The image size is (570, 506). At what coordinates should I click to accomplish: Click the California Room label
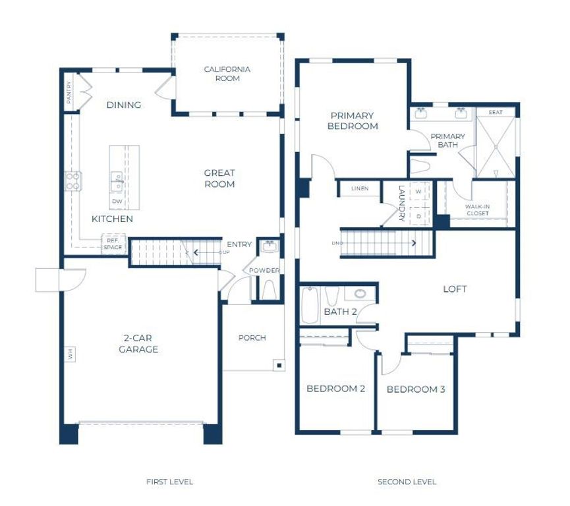227,74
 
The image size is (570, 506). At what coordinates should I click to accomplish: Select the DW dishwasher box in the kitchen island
117,201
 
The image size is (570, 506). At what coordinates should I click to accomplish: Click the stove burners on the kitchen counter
72,181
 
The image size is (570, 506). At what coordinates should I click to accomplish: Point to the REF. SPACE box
113,244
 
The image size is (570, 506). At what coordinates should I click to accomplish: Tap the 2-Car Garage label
138,345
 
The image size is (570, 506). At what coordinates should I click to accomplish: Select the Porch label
252,338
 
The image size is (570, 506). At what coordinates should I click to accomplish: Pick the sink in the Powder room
268,248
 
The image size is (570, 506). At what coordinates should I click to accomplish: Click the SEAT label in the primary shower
496,113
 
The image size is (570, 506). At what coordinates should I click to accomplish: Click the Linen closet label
359,189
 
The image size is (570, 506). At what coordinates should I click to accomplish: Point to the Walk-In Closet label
478,210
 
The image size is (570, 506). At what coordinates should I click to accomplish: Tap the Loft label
455,289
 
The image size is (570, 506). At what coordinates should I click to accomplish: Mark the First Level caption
169,482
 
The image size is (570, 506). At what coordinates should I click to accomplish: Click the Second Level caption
407,482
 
